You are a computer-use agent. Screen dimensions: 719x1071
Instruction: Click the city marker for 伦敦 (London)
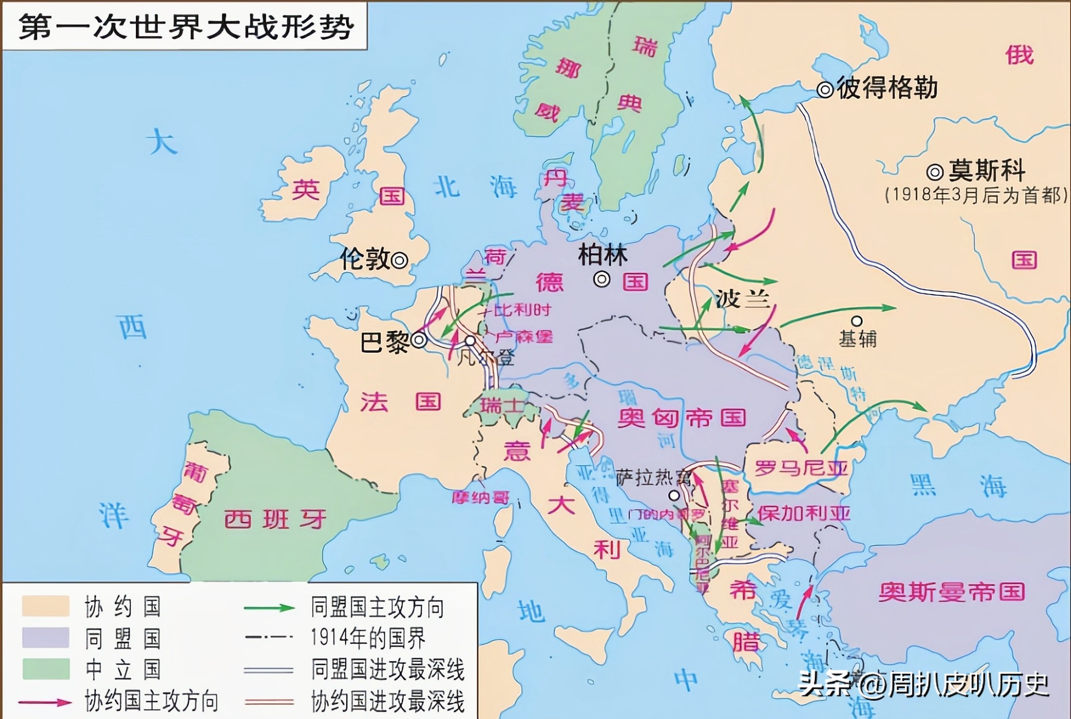pos(400,260)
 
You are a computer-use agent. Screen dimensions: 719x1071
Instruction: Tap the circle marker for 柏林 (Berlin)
pos(602,280)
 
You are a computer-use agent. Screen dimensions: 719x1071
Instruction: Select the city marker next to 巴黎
pos(419,341)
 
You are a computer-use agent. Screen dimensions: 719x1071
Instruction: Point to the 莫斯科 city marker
pos(935,172)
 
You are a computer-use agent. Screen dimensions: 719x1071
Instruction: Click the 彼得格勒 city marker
pos(825,90)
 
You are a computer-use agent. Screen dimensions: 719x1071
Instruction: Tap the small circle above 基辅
pos(857,321)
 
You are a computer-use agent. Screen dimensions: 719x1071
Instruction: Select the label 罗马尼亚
pos(800,468)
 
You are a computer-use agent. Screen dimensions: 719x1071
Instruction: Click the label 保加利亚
pos(804,514)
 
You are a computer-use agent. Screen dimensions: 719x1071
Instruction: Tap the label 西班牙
pos(275,519)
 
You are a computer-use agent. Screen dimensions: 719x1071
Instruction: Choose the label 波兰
pos(743,299)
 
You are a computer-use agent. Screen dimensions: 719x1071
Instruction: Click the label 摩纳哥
pos(480,497)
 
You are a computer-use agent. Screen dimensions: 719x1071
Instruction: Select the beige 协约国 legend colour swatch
pos(45,606)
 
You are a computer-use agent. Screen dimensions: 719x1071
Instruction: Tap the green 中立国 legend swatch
pos(45,669)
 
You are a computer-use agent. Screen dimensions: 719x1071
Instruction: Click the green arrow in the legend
pos(269,608)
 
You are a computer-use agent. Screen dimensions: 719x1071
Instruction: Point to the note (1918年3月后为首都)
pos(975,195)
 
